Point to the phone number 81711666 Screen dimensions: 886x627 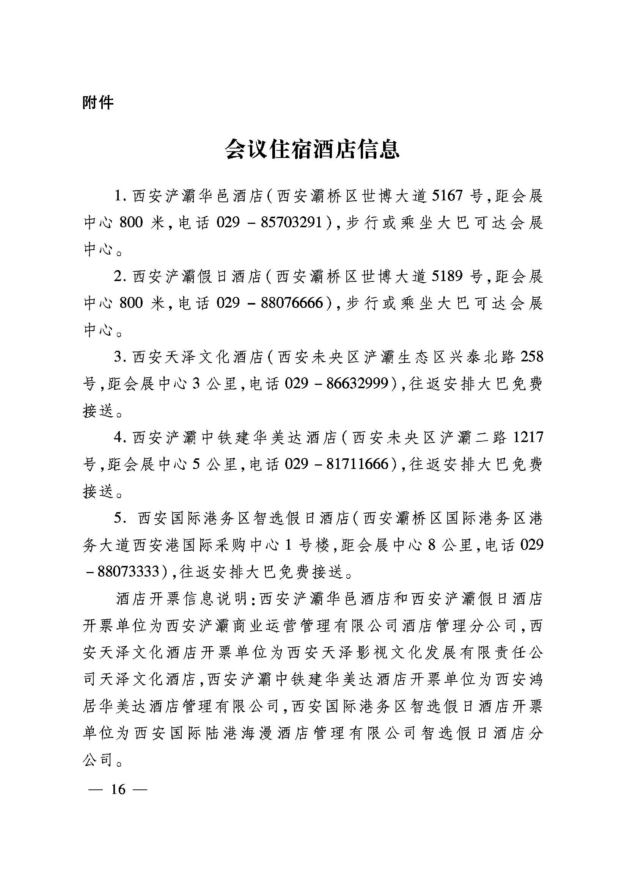pos(357,463)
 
